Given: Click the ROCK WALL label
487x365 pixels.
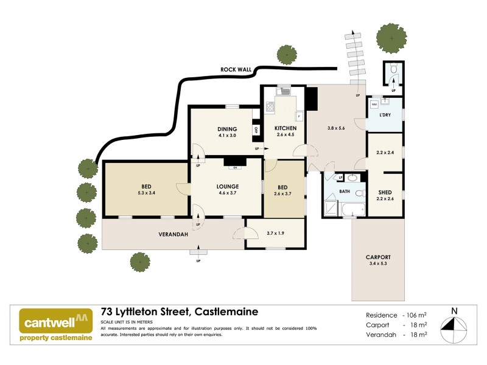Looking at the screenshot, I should pyautogui.click(x=236, y=70).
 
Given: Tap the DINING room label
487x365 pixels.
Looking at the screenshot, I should pyautogui.click(x=227, y=128).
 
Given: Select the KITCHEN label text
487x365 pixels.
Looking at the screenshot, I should pyautogui.click(x=285, y=128).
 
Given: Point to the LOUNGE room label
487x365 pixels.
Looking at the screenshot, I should pyautogui.click(x=226, y=186).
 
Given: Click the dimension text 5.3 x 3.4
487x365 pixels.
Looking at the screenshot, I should pyautogui.click(x=147, y=193).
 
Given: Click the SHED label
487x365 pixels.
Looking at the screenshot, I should pyautogui.click(x=384, y=191).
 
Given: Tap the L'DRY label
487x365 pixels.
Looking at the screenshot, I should pyautogui.click(x=384, y=115).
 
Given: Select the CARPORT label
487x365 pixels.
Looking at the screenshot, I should pyautogui.click(x=377, y=257).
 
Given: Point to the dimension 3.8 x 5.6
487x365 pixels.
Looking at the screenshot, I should pyautogui.click(x=336, y=128).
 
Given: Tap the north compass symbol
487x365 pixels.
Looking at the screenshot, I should pyautogui.click(x=454, y=325).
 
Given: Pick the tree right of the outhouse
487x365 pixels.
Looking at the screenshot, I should pyautogui.click(x=391, y=38).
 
